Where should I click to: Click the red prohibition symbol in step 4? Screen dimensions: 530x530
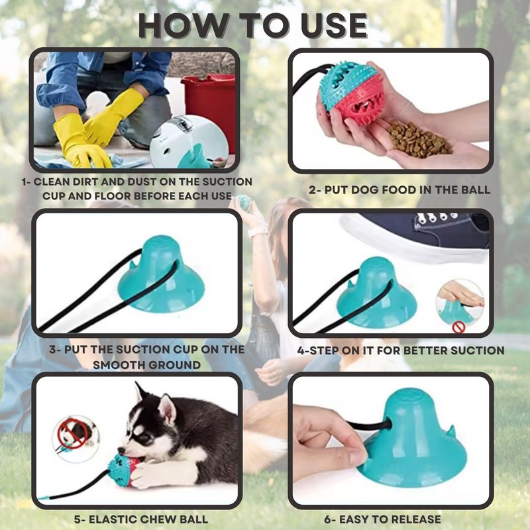click(x=458, y=327)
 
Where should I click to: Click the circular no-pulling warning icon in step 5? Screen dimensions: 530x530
click(x=76, y=439)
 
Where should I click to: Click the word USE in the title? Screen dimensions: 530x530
click(x=333, y=26)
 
